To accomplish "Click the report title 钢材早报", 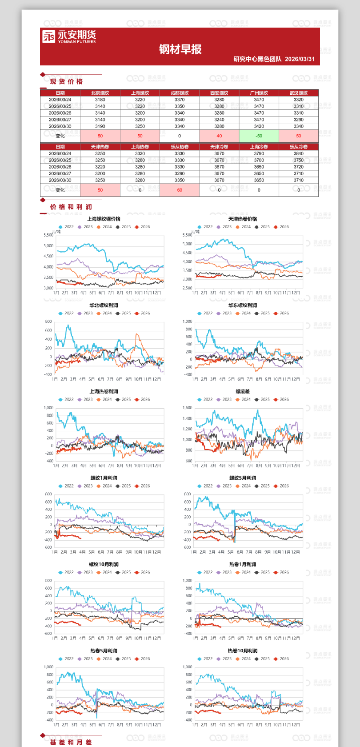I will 180,49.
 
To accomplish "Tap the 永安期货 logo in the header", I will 69,36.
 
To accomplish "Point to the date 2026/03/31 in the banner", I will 300,59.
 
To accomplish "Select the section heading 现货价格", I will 66,81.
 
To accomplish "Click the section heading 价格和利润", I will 71,207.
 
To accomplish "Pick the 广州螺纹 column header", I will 259,93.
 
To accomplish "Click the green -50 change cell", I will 259,136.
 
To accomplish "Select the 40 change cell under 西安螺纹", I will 219,136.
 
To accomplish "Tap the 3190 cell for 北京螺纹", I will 100,126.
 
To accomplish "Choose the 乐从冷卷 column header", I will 298,147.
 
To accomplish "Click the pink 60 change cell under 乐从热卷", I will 180,190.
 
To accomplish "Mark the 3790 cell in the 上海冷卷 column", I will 259,153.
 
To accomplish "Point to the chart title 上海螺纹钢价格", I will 104,219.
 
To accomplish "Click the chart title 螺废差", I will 243,392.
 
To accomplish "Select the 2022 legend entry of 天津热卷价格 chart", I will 205,227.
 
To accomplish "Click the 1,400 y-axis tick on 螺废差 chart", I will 187,418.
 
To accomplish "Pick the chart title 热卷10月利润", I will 243,651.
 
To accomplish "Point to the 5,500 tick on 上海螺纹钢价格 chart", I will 48,235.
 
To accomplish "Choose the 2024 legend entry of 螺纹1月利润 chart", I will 104,486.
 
